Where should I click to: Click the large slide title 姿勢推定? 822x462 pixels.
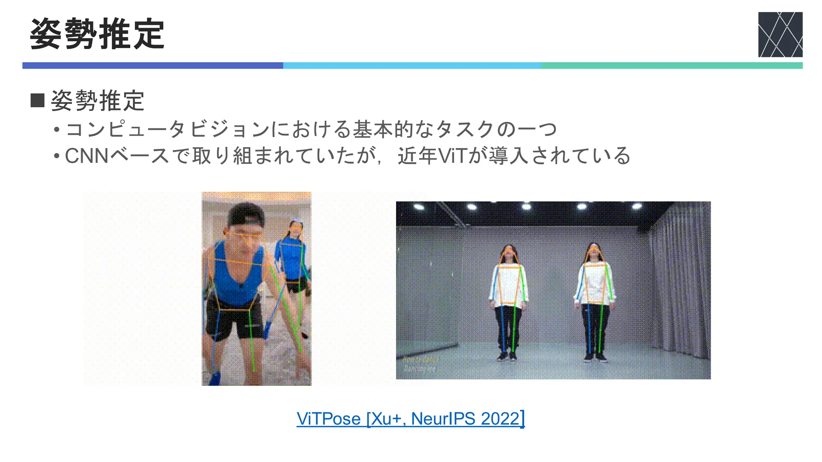coord(97,34)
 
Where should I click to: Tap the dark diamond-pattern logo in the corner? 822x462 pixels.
coord(780,34)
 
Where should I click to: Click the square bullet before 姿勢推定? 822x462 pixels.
coord(37,100)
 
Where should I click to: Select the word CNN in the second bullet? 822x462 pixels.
coord(87,156)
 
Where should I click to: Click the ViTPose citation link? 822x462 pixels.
coord(410,419)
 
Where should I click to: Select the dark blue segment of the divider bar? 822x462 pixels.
coord(153,65)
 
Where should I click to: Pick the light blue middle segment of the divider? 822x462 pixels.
coord(412,65)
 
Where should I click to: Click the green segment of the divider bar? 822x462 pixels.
coord(671,65)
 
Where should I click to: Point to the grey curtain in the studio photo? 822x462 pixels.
coord(678,281)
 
